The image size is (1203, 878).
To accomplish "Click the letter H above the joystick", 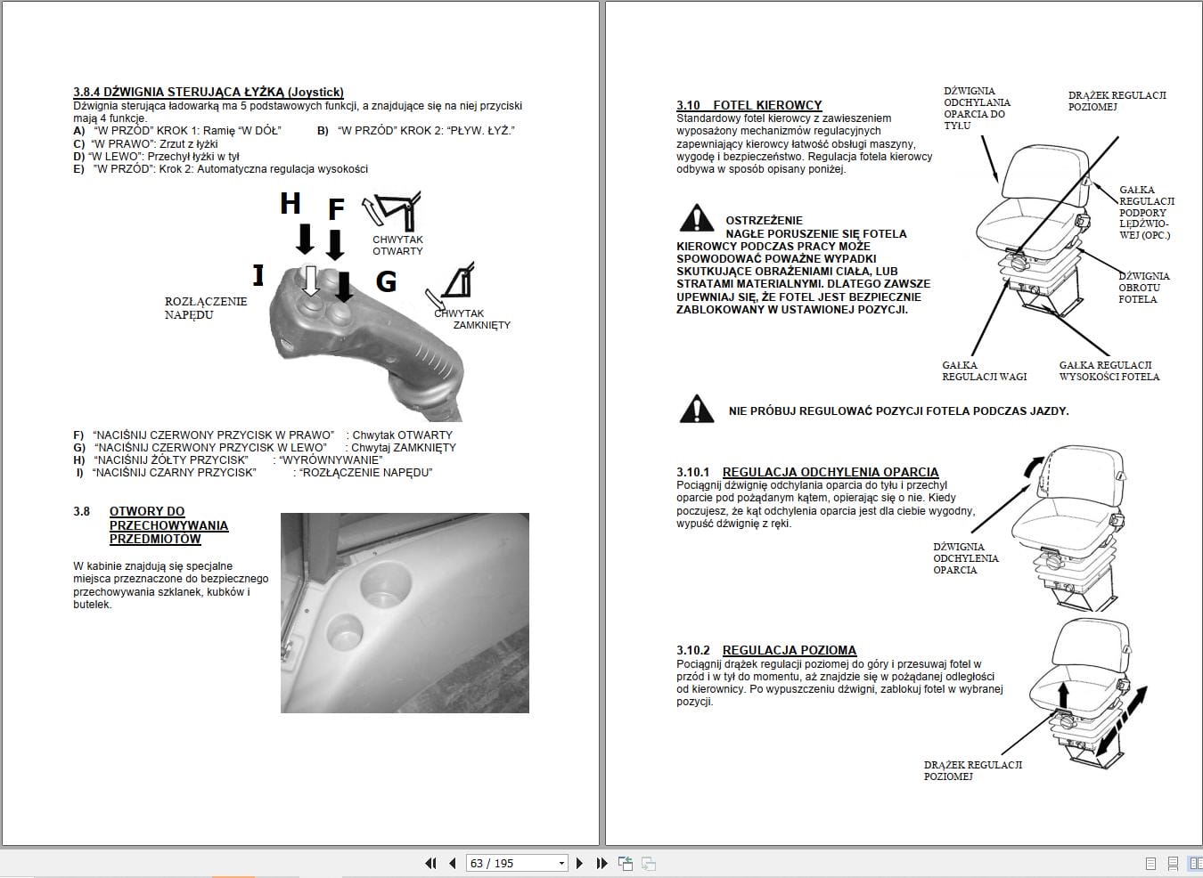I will (290, 204).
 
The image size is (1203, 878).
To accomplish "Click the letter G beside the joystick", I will (386, 281).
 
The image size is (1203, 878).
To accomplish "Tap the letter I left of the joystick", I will (258, 275).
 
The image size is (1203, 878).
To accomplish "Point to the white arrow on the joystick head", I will (310, 280).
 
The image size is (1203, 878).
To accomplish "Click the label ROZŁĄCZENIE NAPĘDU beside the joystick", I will (206, 308).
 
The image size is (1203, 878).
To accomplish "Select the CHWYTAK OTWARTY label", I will (397, 246).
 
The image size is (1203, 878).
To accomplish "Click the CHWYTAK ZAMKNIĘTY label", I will (472, 319).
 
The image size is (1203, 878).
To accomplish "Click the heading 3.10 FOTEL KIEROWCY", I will (749, 105).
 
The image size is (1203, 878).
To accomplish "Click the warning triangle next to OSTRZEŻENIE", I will (696, 218).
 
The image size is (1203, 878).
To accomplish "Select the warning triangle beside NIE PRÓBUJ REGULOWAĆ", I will (696, 410).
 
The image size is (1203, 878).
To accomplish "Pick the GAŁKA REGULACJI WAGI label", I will (984, 371).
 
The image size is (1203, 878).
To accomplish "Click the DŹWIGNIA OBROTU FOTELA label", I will (1143, 288).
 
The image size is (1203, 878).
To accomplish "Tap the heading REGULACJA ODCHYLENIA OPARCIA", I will (830, 472).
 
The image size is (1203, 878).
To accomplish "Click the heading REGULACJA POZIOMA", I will (789, 650).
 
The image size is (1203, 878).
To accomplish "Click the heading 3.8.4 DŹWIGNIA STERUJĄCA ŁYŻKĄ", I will (208, 92).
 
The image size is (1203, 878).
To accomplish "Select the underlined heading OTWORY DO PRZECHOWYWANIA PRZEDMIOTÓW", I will (168, 525).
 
